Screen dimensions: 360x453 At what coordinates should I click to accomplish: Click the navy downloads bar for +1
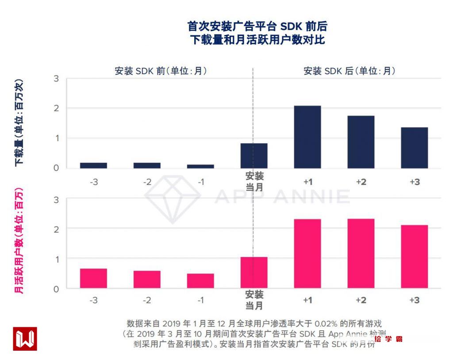click(x=307, y=137)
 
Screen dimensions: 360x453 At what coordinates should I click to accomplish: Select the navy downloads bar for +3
click(x=415, y=148)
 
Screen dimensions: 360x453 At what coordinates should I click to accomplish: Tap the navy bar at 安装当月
click(x=254, y=156)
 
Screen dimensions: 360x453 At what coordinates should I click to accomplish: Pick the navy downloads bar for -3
click(x=93, y=165)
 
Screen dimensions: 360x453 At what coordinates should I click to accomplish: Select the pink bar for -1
click(x=200, y=281)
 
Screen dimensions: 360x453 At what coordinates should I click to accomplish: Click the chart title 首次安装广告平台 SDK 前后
click(x=257, y=27)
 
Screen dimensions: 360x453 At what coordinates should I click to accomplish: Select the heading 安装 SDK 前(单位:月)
click(x=161, y=71)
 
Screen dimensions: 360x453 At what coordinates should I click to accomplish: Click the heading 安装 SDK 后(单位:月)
click(x=349, y=71)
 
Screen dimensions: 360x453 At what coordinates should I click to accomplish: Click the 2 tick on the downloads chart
click(x=56, y=108)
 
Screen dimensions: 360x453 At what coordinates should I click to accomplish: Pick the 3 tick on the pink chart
click(x=56, y=199)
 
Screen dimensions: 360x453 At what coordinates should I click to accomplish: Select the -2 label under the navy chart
click(x=147, y=182)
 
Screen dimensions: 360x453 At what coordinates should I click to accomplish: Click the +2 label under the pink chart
click(x=361, y=300)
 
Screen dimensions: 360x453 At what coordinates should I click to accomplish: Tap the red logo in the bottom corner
click(x=25, y=339)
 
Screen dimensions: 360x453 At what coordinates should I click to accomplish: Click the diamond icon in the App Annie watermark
click(x=173, y=198)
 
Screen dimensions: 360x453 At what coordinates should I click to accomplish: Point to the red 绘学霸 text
click(x=388, y=339)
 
